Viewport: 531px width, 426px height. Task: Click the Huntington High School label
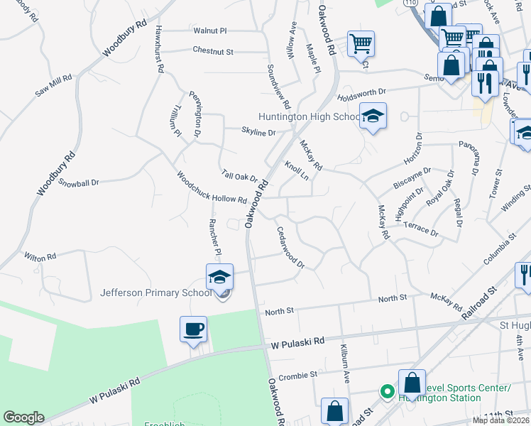click(x=310, y=117)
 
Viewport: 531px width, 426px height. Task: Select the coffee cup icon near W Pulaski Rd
click(x=193, y=329)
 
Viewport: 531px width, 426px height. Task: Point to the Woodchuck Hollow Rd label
click(x=211, y=188)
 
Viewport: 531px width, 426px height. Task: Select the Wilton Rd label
click(x=40, y=256)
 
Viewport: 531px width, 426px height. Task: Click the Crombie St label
click(x=297, y=376)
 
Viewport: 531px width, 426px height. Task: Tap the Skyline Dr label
click(x=258, y=132)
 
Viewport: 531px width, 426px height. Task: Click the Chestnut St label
click(x=212, y=51)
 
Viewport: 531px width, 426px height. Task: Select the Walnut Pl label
click(x=209, y=31)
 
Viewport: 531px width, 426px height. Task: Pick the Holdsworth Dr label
click(x=361, y=92)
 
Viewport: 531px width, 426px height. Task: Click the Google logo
click(x=23, y=417)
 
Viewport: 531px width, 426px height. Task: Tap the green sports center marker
click(x=387, y=391)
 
